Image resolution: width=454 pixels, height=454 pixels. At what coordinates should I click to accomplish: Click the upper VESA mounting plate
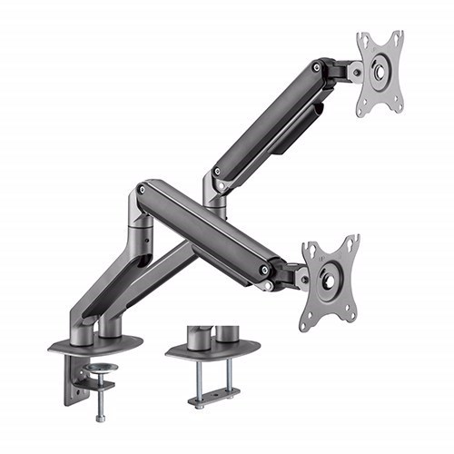tap(379, 74)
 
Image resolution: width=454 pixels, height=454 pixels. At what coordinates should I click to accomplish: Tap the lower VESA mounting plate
tap(330, 282)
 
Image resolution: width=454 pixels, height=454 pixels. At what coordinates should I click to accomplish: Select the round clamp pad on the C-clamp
tap(100, 369)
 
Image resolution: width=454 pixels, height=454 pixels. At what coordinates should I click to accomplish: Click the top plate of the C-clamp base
tap(95, 345)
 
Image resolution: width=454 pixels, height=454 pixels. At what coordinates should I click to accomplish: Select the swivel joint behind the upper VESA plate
tap(349, 71)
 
